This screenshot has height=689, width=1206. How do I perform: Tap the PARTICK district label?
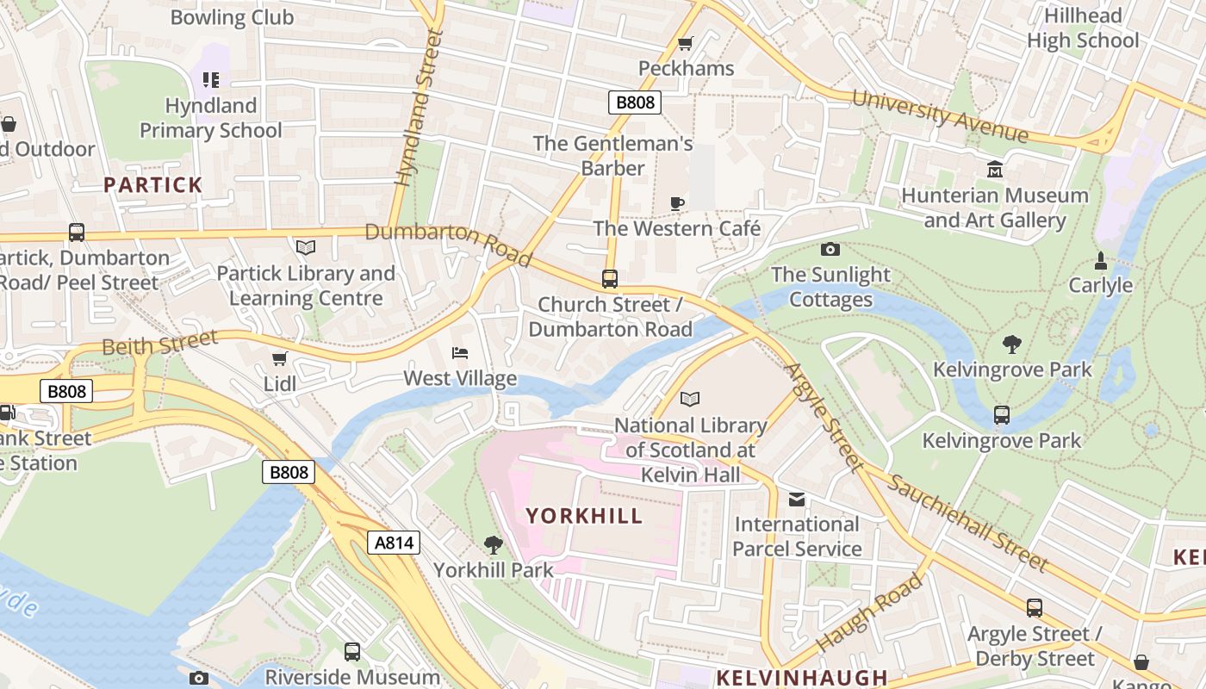pyautogui.click(x=153, y=184)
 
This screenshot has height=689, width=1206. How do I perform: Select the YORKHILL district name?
pyautogui.click(x=584, y=516)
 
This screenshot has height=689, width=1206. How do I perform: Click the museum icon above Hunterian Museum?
pyautogui.click(x=995, y=169)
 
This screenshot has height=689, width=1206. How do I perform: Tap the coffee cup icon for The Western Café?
pyautogui.click(x=677, y=203)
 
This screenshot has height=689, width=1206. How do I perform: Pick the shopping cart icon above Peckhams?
pyautogui.click(x=686, y=43)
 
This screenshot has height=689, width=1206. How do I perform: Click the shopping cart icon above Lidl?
pyautogui.click(x=279, y=358)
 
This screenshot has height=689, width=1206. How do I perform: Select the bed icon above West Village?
pyautogui.click(x=460, y=353)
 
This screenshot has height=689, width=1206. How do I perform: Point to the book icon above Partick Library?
pyautogui.click(x=306, y=248)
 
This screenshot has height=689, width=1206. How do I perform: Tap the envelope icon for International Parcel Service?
pyautogui.click(x=797, y=500)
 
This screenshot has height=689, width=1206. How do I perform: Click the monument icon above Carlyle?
pyautogui.click(x=1100, y=260)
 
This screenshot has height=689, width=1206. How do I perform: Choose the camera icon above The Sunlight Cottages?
pyautogui.click(x=830, y=250)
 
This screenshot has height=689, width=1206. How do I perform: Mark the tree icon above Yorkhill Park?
pyautogui.click(x=493, y=544)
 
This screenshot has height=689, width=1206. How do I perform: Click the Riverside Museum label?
pyautogui.click(x=352, y=677)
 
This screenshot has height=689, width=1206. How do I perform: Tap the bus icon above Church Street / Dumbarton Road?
pyautogui.click(x=610, y=279)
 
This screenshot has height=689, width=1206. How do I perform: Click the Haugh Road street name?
pyautogui.click(x=869, y=612)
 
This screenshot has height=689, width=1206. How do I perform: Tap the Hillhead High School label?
pyautogui.click(x=1083, y=28)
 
